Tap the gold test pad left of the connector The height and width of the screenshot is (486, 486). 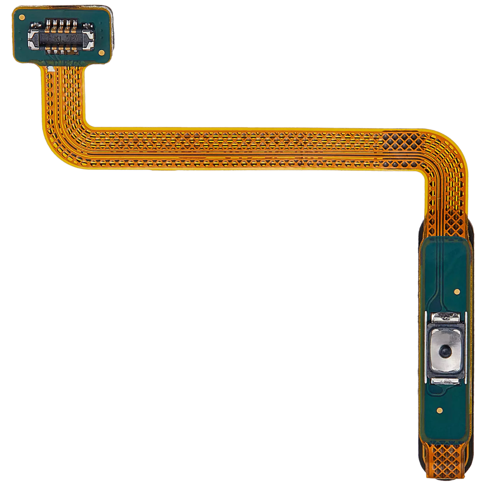coord(22,17)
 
